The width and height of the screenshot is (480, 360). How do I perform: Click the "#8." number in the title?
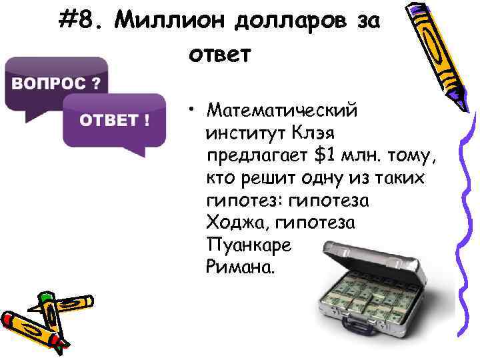(x=81, y=21)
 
